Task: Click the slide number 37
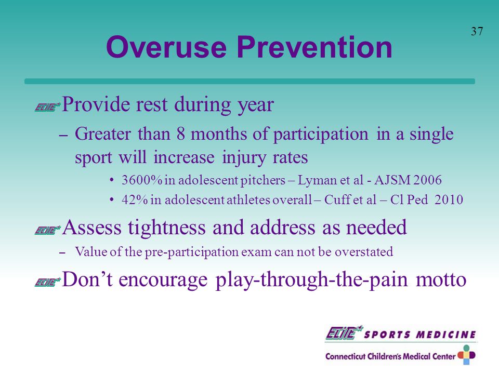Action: (x=477, y=32)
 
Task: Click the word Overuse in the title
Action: (x=166, y=47)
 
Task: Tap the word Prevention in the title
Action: (x=314, y=47)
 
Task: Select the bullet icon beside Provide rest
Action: (x=47, y=107)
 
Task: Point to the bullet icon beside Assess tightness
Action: (x=47, y=230)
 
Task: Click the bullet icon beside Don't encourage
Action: (x=47, y=282)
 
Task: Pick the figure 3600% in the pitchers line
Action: (x=142, y=180)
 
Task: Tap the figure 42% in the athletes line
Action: (x=135, y=199)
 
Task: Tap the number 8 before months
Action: (x=181, y=133)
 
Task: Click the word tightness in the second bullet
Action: (x=167, y=227)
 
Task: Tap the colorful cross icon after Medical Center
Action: (x=467, y=355)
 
